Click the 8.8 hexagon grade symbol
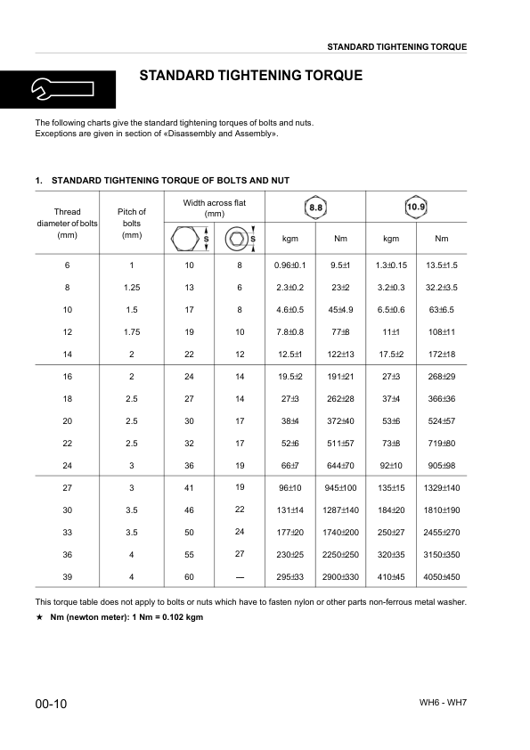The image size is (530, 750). tap(316, 208)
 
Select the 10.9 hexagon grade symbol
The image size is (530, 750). tap(416, 208)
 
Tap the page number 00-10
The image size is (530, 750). tap(52, 705)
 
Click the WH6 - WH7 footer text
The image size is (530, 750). tap(444, 703)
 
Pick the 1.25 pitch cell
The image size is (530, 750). tap(132, 287)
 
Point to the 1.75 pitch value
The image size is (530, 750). tap(132, 331)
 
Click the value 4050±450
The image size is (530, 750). tap(442, 577)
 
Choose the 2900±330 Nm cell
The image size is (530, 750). tap(340, 577)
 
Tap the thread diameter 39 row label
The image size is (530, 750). tap(68, 577)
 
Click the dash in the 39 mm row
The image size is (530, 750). tap(239, 577)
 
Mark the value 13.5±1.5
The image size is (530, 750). tap(442, 265)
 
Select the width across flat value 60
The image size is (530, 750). tap(189, 577)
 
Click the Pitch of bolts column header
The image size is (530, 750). tap(132, 224)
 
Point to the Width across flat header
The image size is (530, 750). tap(214, 208)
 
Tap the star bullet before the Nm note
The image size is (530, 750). tap(39, 617)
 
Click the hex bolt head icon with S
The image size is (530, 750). tap(188, 239)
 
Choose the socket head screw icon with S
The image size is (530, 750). tap(239, 239)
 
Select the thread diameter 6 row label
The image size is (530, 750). tap(68, 265)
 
